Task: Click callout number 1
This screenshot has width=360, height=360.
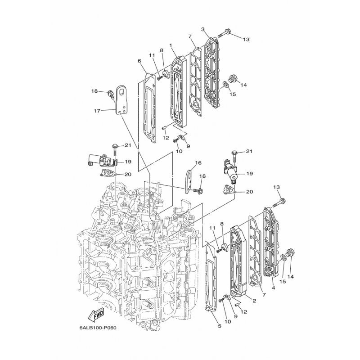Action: coord(171,45)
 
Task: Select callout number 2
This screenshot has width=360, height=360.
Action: coord(254,300)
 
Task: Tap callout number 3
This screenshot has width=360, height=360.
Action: coord(203,29)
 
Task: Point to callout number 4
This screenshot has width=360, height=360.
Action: coord(273,288)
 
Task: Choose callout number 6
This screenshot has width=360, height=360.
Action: coord(139,61)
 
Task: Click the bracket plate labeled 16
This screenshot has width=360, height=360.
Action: coord(190,180)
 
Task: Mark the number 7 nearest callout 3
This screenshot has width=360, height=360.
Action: coord(190,36)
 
